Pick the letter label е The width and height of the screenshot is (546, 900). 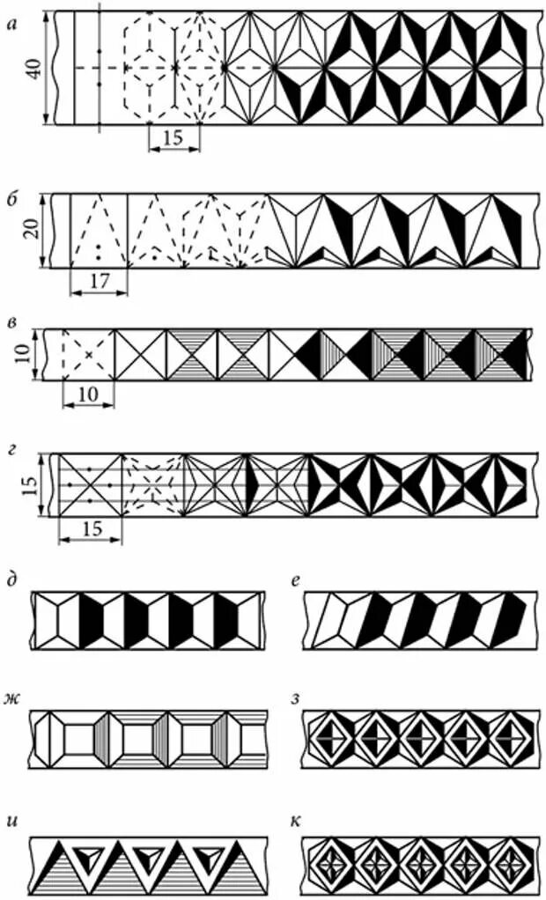(x=297, y=580)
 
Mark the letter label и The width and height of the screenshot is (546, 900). (x=11, y=823)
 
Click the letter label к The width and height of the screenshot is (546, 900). (x=297, y=823)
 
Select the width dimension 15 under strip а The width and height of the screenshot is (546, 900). (x=173, y=139)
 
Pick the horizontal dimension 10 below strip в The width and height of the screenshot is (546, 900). (x=88, y=395)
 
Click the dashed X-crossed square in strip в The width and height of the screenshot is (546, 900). (x=88, y=355)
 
